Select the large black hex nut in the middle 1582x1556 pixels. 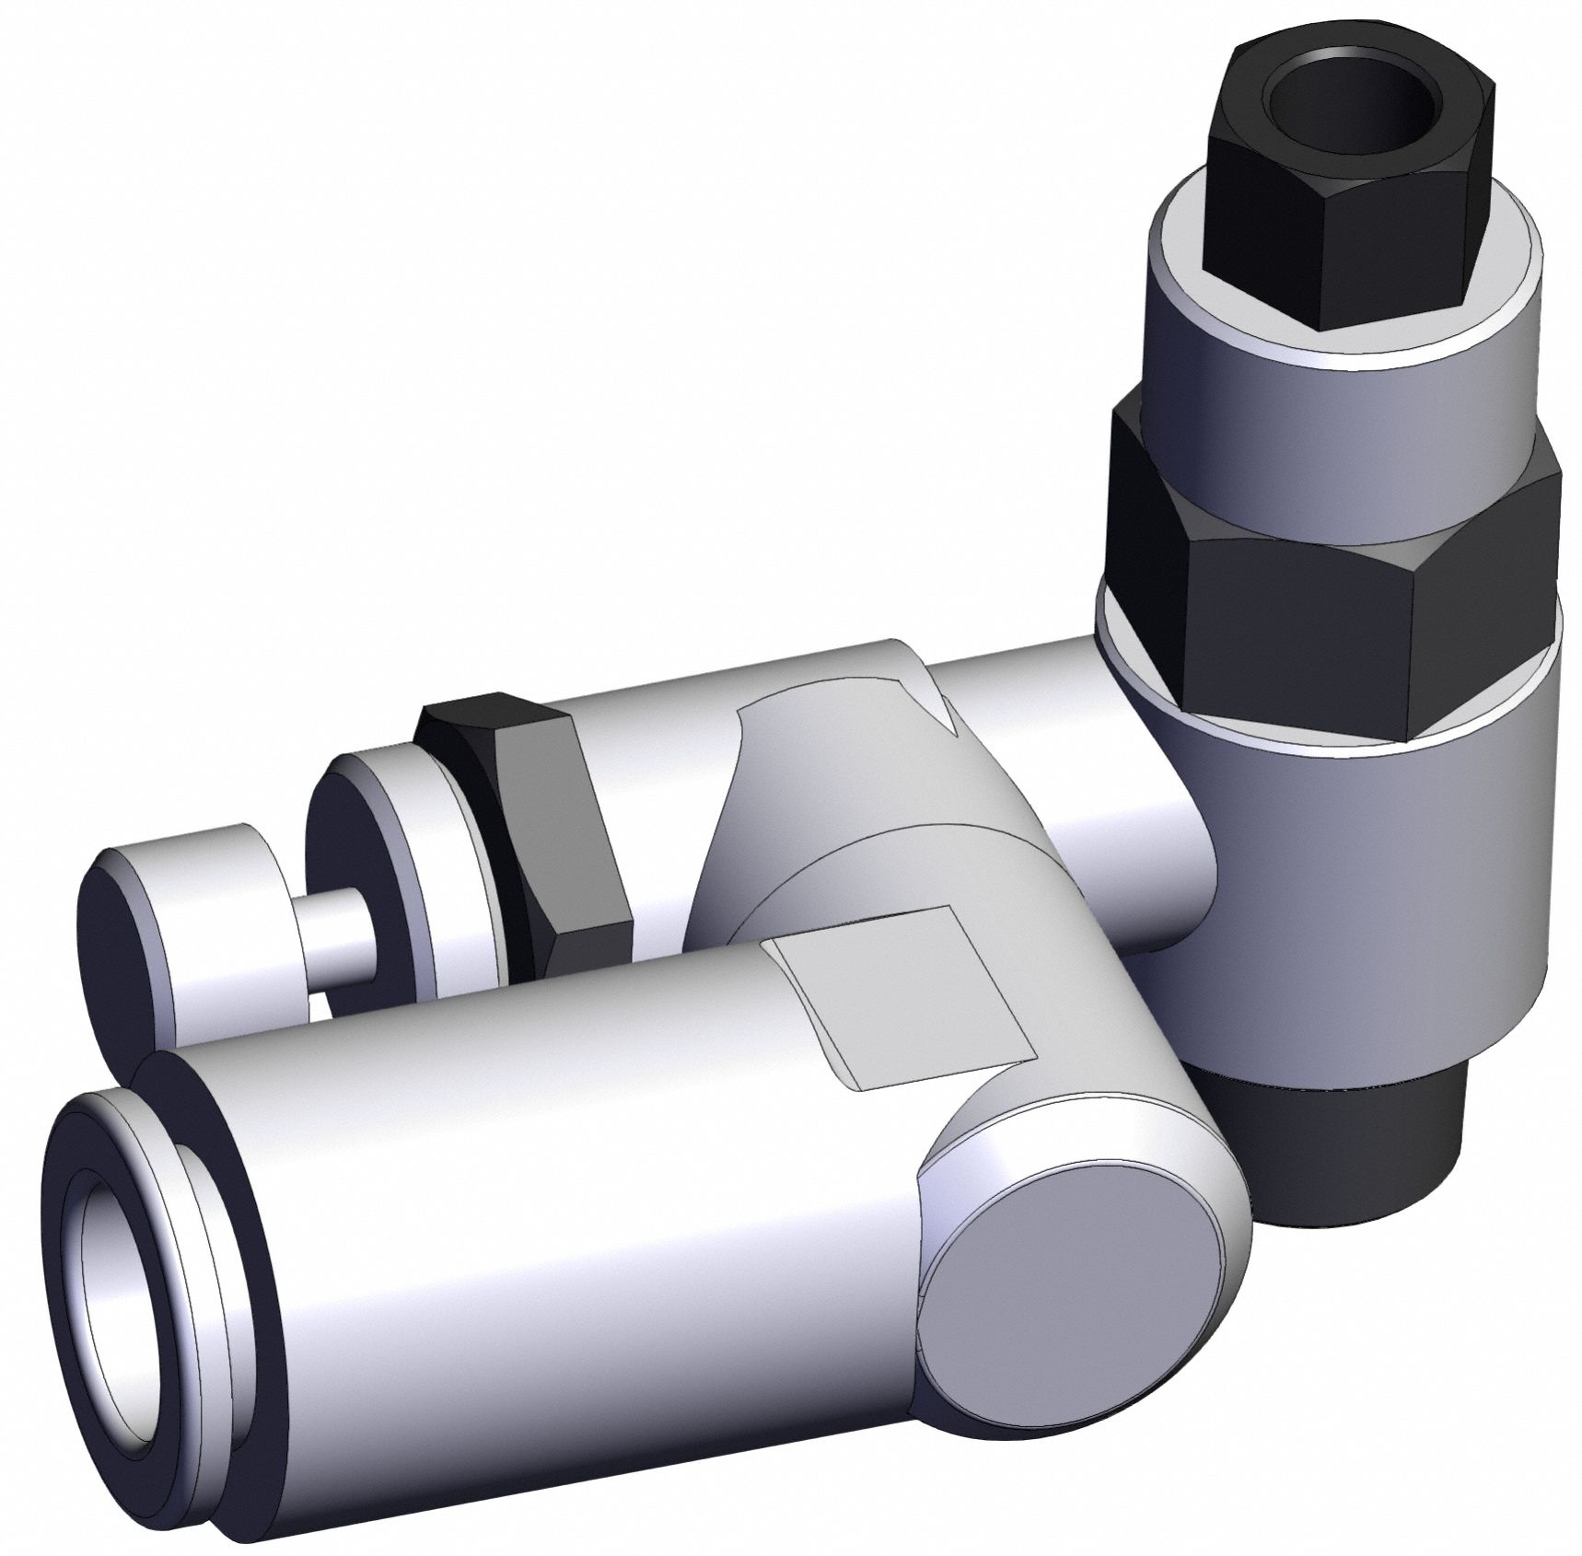tap(1280, 562)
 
